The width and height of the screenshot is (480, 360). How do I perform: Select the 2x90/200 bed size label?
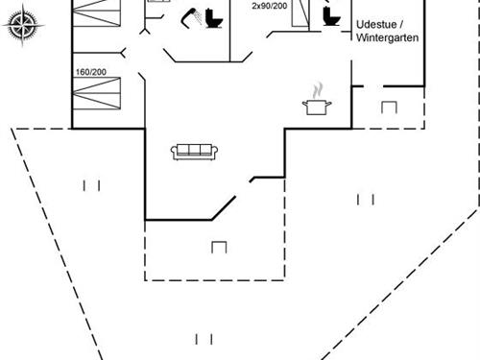point(268,6)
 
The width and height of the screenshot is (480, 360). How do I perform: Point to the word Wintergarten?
point(388,37)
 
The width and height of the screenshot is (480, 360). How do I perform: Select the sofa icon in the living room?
point(195,150)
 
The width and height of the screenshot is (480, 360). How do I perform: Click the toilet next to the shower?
point(212,19)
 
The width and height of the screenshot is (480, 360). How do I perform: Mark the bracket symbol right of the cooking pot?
point(389,107)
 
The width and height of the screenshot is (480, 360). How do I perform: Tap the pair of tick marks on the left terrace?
point(91,185)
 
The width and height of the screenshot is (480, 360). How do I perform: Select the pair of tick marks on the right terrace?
point(365,199)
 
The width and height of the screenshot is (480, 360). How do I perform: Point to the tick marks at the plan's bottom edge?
point(203,339)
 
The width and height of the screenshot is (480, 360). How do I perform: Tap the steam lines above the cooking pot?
point(316,89)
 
